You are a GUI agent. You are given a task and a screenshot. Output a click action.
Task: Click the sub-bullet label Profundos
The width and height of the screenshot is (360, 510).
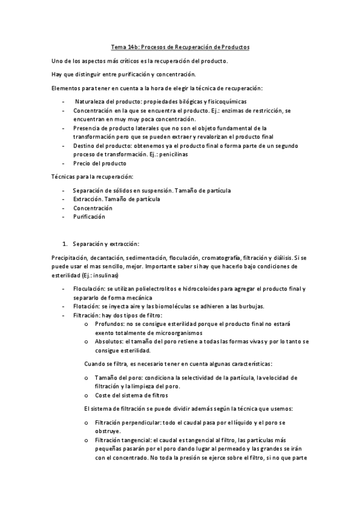108,324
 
